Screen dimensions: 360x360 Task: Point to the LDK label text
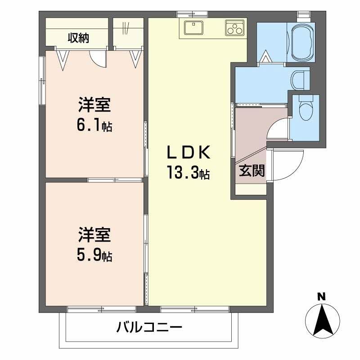(x=189, y=153)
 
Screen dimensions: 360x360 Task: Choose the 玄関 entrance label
(x=251, y=171)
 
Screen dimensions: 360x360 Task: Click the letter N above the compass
(x=321, y=297)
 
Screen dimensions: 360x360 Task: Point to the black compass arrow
(x=322, y=320)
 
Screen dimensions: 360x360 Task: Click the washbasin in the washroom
(x=298, y=80)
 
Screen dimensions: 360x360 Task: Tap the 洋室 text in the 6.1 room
(x=94, y=105)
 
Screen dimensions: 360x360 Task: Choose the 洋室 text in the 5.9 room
(x=94, y=236)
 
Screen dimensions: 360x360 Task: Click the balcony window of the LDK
(x=194, y=309)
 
